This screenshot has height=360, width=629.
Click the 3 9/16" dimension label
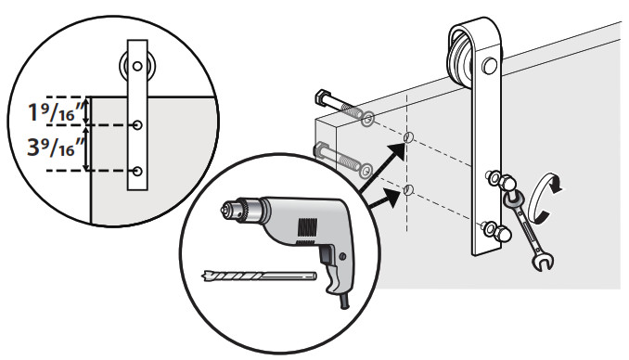coord(41,148)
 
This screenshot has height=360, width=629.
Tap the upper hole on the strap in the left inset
coord(137,124)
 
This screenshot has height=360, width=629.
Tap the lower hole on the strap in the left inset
coord(137,171)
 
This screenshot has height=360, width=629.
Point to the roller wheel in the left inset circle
coord(136,67)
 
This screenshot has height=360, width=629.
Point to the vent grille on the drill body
coord(304,223)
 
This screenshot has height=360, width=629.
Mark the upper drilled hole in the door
coord(407,139)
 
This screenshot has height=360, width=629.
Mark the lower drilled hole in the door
coord(407,191)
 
